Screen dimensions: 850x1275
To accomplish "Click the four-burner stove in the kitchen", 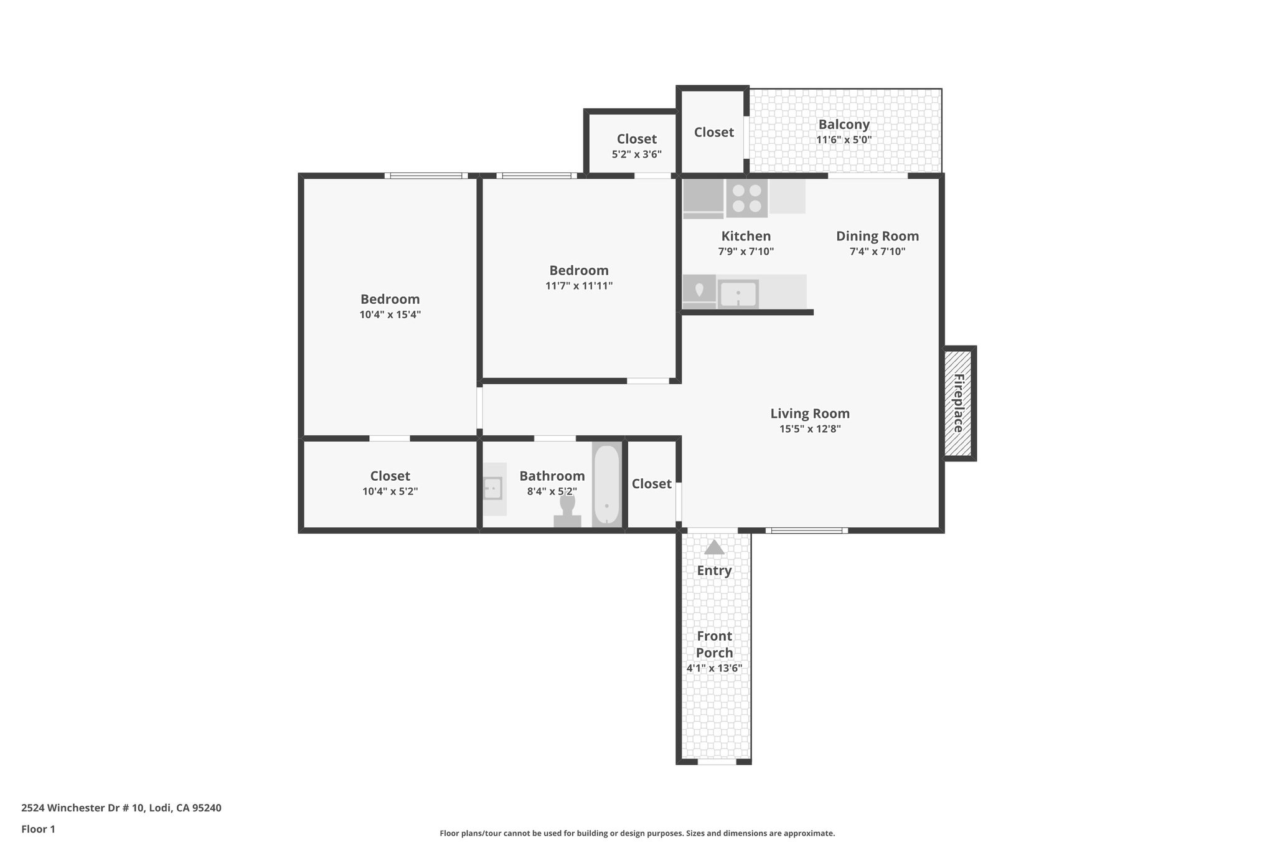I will tap(746, 199).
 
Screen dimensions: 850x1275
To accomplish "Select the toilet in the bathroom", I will tap(567, 511).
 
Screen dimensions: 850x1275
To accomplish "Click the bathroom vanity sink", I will tap(493, 488).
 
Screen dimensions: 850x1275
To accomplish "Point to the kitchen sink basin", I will tap(738, 294).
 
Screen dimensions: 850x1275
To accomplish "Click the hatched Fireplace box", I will tap(957, 403).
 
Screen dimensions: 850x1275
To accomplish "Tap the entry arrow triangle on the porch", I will tap(714, 547).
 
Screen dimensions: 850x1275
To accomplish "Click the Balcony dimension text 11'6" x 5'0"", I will tap(844, 140).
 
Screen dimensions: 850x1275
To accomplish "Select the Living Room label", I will tap(809, 413).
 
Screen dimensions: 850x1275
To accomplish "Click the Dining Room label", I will tap(877, 236).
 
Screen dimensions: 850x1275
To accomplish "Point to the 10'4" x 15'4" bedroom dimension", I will tap(390, 315).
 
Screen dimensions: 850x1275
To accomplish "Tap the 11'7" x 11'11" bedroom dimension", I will tap(578, 286).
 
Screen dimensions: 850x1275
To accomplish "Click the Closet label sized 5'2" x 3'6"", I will tap(636, 139).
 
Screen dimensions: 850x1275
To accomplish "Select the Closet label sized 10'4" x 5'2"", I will tap(390, 476).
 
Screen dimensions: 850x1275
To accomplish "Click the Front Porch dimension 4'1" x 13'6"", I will tap(714, 669).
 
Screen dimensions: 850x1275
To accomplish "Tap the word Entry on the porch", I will tap(714, 570).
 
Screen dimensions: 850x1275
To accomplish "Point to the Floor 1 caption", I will tap(38, 829).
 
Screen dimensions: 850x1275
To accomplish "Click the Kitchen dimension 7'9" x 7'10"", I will tap(745, 252).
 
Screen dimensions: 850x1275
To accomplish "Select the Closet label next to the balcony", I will tap(713, 132).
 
